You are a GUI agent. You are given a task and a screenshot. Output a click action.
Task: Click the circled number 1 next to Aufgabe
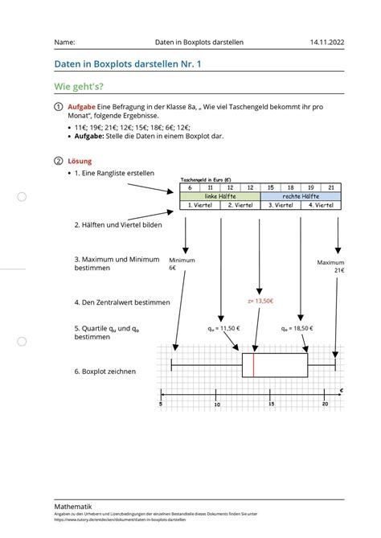point(58,106)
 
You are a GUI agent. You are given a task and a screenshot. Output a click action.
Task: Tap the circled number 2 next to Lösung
point(58,161)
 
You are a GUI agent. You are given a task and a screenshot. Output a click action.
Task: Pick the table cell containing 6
point(190,187)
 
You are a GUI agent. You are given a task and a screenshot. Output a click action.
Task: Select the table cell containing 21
point(330,187)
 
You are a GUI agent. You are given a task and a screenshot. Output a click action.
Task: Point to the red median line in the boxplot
point(254,366)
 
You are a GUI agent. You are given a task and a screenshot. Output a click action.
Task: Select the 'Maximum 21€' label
point(330,266)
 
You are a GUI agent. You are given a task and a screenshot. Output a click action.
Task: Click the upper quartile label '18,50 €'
point(299,329)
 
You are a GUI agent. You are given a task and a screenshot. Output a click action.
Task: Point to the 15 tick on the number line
point(271,395)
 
